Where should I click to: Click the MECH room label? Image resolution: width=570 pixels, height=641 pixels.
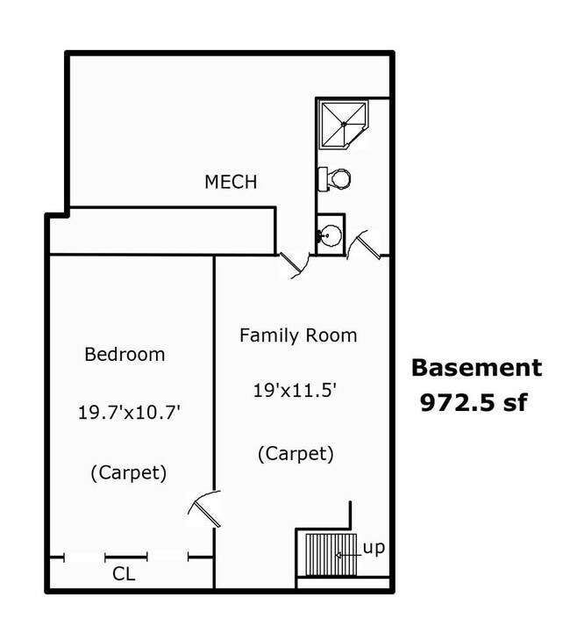[x=231, y=183]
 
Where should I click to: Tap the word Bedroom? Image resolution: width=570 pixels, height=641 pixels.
[x=125, y=355]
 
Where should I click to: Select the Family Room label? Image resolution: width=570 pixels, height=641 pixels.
[x=298, y=335]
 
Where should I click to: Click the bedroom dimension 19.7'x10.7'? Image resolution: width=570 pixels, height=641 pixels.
[x=129, y=413]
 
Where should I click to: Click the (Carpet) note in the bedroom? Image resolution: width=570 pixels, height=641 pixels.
[x=128, y=472]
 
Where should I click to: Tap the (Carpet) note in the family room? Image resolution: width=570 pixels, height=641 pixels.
[x=296, y=454]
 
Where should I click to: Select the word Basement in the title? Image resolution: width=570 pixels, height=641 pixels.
[x=477, y=368]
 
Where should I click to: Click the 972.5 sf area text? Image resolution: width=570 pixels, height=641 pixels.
[x=477, y=403]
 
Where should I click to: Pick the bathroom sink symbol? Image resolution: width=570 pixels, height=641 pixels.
[x=331, y=234]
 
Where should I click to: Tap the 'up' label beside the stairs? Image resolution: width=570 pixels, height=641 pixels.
[x=374, y=549]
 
